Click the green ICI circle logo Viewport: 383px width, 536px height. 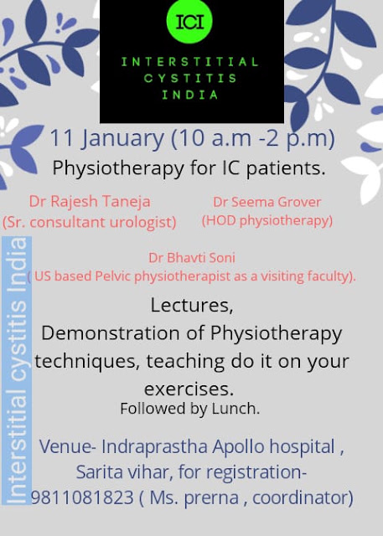point(189,21)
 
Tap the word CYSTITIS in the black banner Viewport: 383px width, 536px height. point(190,78)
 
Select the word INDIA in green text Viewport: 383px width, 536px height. point(190,95)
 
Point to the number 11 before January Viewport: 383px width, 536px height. point(61,137)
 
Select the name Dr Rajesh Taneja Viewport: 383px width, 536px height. point(90,201)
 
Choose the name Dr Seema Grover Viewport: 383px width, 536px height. point(267,202)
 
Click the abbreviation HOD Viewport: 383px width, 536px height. point(221,220)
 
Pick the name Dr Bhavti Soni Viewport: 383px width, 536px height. point(192,258)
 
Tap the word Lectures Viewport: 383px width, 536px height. point(192,305)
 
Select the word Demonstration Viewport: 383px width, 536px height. point(110,333)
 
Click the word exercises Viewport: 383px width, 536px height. point(189,389)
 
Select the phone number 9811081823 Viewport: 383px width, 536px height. point(82,497)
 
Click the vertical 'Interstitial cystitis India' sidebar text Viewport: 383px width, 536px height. point(17,370)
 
